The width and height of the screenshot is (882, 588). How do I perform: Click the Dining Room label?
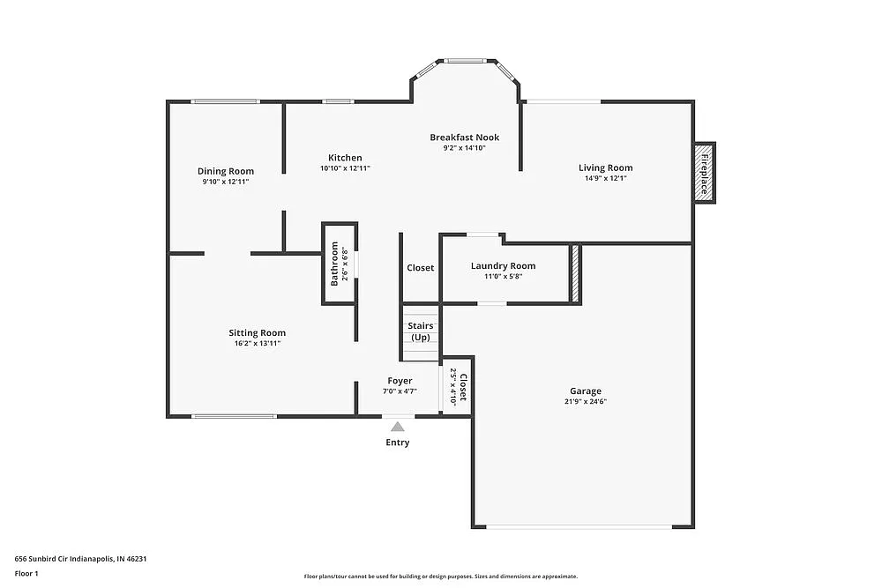(x=226, y=171)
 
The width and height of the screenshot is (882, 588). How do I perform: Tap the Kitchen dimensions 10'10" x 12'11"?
(x=345, y=168)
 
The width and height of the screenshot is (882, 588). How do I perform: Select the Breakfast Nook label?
(x=465, y=138)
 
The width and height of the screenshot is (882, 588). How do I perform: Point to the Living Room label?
(x=605, y=167)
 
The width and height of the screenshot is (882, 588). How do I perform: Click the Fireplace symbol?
(x=704, y=173)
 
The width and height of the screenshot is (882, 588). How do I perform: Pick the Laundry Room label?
(x=503, y=266)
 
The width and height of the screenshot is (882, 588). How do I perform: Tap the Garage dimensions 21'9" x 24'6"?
(x=586, y=401)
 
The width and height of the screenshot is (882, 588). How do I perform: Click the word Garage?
(x=586, y=391)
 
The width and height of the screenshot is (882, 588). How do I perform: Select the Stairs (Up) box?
(x=420, y=332)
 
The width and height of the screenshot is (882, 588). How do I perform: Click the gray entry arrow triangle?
(x=398, y=427)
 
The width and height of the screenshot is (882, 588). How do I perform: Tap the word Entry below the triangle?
(x=398, y=443)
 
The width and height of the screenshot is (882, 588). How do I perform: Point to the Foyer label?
(x=400, y=381)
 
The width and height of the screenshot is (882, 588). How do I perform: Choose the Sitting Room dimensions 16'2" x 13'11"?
(x=257, y=344)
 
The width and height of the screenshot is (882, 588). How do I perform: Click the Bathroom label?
(x=334, y=264)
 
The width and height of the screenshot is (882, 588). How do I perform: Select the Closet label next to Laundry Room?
(x=420, y=268)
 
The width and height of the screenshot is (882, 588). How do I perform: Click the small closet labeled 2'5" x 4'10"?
(x=458, y=385)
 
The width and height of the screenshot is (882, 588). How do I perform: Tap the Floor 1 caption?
(x=27, y=573)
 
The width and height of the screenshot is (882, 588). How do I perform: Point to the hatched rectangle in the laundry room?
(x=575, y=274)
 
